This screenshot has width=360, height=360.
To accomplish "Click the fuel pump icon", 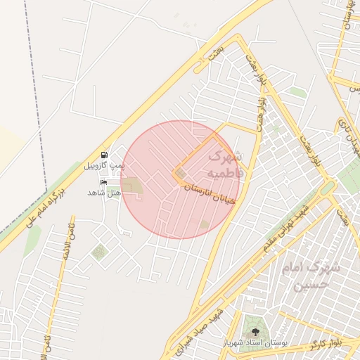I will point(104,155).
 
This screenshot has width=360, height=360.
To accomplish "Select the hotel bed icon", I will point(104,182).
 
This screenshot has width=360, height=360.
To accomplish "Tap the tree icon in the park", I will point(254,331).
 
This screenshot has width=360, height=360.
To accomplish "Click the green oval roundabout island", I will point(327,188).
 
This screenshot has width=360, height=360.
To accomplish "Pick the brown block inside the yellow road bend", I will point(181,173).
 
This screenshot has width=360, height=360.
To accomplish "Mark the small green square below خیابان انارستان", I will point(204,224).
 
